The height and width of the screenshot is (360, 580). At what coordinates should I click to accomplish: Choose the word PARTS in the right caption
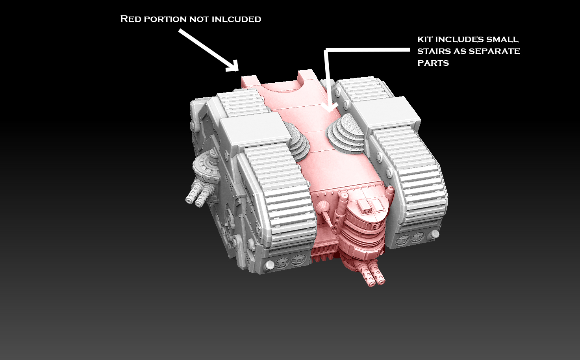tap(433, 63)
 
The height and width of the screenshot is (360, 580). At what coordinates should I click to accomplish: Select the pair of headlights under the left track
tap(291, 260)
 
